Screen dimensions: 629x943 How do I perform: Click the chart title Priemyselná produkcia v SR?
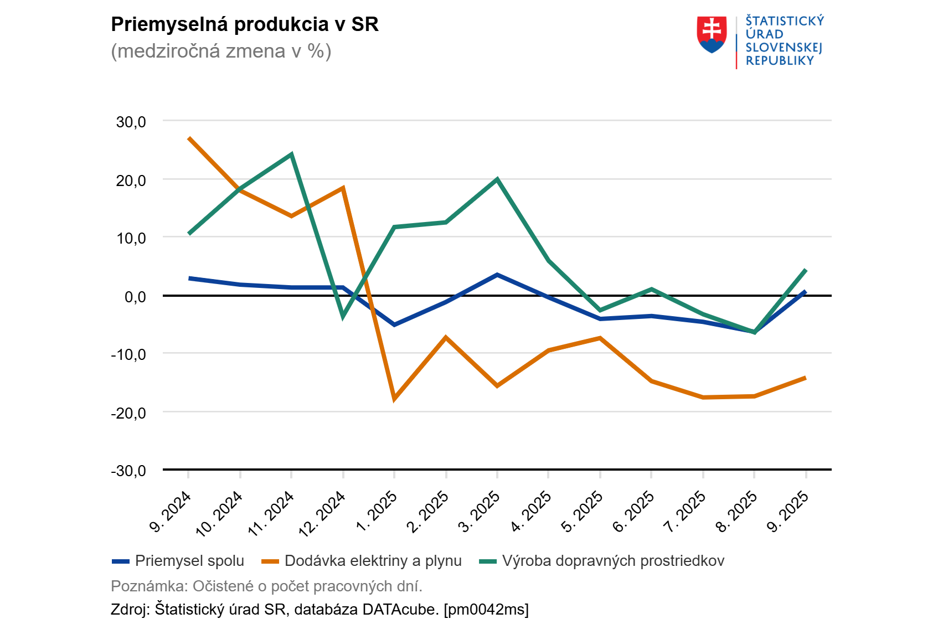[244, 25]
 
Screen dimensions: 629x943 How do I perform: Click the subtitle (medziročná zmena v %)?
[221, 51]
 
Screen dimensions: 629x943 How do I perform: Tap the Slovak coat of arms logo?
[712, 34]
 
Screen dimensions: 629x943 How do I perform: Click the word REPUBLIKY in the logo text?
[779, 61]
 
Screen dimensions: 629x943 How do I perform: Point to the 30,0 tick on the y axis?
[131, 122]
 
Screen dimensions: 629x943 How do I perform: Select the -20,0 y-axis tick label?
[128, 413]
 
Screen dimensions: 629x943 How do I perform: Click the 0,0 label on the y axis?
[135, 297]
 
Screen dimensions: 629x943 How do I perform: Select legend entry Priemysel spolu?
[189, 561]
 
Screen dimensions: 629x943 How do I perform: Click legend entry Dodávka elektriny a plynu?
[372, 561]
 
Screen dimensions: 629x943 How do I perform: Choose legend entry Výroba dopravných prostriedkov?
[612, 561]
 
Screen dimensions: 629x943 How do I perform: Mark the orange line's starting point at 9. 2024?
[189, 138]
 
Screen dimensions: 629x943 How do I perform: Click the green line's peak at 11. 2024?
[291, 154]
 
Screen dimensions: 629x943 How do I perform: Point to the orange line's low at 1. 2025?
[394, 398]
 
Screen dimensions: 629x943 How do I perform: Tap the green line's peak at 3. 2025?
[497, 179]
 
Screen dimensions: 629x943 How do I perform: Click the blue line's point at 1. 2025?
[394, 324]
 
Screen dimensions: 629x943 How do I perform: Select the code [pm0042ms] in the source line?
[486, 610]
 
